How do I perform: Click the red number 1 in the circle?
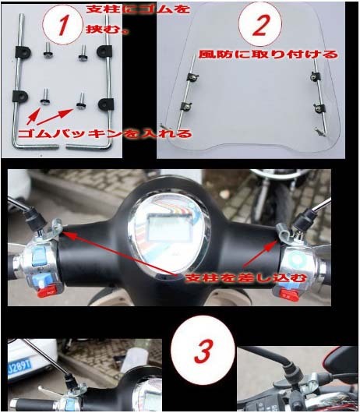pyautogui.click(x=63, y=25)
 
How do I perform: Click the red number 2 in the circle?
pyautogui.click(x=260, y=25)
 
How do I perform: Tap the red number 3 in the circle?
pyautogui.click(x=203, y=351)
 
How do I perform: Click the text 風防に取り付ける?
pyautogui.click(x=267, y=55)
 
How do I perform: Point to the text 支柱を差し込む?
pyautogui.click(x=246, y=277)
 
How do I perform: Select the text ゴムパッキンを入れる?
pyautogui.click(x=104, y=134)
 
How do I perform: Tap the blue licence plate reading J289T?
pyautogui.click(x=19, y=365)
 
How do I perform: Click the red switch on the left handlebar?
pyautogui.click(x=48, y=292)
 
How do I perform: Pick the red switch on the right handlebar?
pyautogui.click(x=289, y=295)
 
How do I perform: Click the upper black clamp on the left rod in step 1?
pyautogui.click(x=23, y=52)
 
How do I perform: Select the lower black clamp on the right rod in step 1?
pyautogui.click(x=106, y=104)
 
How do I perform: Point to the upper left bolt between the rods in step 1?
pyautogui.click(x=48, y=50)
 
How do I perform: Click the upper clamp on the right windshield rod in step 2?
pyautogui.click(x=315, y=76)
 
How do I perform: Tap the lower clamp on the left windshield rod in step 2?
pyautogui.click(x=186, y=107)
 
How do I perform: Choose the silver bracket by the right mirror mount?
pyautogui.click(x=284, y=231)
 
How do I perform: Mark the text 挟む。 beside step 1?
pyautogui.click(x=108, y=29)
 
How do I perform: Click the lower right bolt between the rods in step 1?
pyautogui.click(x=81, y=101)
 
